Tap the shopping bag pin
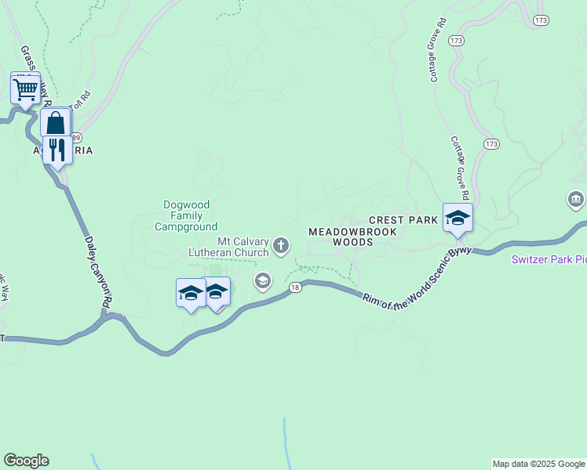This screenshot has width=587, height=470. [x=56, y=123]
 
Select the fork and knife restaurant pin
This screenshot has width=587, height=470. [x=57, y=149]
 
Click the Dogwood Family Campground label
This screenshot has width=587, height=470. [x=185, y=215]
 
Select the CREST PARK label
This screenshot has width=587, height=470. [x=403, y=221]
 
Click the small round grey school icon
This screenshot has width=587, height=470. [x=263, y=280]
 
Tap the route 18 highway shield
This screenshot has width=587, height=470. [x=294, y=288]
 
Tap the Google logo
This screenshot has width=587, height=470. [x=26, y=461]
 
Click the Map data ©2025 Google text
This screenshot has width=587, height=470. [x=538, y=464]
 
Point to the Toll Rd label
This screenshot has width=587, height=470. [x=81, y=100]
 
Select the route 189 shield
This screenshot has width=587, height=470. [x=76, y=137]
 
